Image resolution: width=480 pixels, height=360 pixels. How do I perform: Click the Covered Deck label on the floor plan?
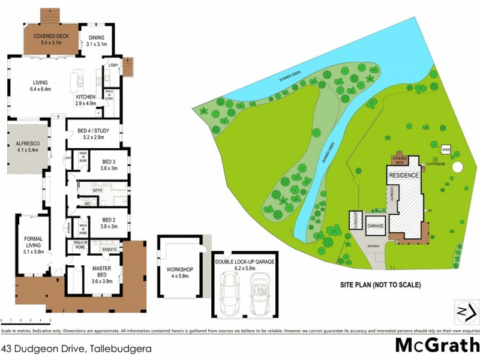51,40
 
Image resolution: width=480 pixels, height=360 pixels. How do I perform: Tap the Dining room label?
96,40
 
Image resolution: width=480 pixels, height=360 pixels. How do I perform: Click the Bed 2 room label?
108,216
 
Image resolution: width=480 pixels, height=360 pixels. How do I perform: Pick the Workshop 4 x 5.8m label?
179,273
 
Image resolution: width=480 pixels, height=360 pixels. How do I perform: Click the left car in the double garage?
229,293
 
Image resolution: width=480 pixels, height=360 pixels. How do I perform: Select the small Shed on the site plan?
446,149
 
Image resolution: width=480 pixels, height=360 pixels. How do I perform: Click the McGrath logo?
437,346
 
